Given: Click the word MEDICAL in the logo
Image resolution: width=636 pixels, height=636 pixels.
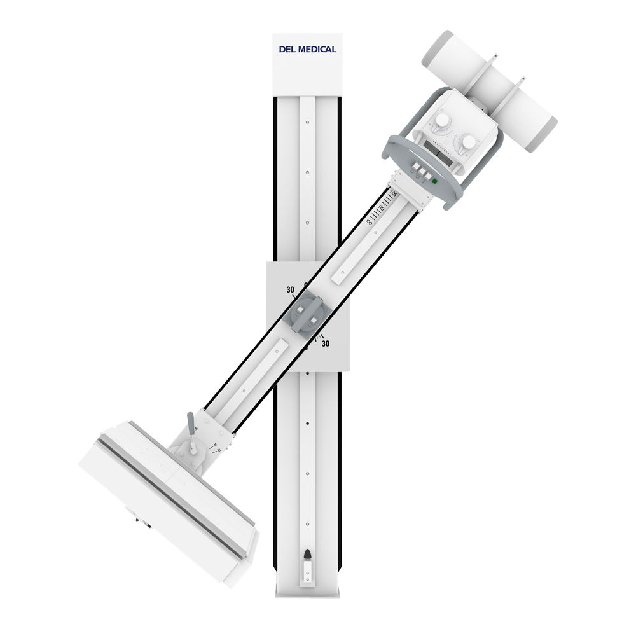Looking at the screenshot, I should click(x=318, y=49).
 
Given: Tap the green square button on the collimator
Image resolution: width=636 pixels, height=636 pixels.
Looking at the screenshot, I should click(x=434, y=182).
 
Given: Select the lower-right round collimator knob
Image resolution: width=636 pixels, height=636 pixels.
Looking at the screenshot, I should click(x=469, y=142).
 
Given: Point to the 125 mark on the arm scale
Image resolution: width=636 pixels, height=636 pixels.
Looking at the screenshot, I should click(x=393, y=193).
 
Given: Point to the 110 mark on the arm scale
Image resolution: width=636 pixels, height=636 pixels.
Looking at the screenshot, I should click(x=381, y=208).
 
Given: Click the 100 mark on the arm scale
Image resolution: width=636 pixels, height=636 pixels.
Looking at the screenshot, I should click(x=369, y=222).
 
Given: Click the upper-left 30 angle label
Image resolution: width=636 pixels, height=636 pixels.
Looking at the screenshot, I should click(x=290, y=290).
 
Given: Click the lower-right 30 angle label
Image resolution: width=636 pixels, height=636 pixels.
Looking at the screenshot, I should click(x=326, y=344).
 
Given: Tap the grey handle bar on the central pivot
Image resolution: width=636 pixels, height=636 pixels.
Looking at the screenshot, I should click(x=308, y=312).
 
